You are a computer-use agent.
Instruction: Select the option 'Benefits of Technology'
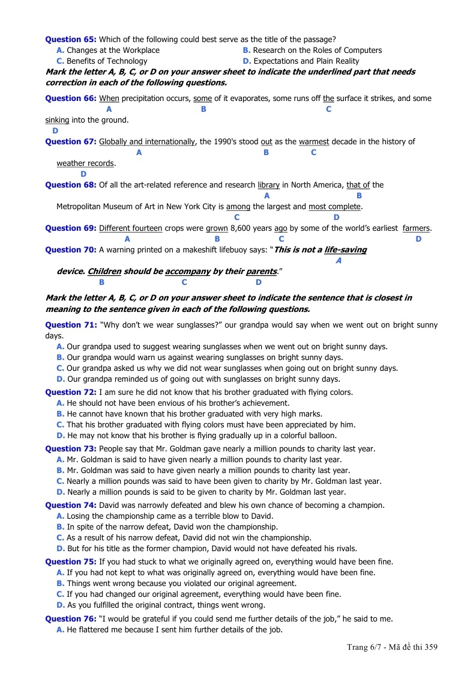[107, 61]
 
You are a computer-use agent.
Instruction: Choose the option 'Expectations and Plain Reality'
[306, 61]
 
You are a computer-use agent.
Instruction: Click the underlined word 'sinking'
[57, 120]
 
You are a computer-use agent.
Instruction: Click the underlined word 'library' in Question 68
[268, 185]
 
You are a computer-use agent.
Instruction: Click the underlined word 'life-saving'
[345, 249]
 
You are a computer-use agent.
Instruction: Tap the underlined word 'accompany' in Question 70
[187, 271]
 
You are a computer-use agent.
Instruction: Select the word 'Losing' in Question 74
[78, 516]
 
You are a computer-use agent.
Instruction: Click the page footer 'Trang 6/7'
[366, 647]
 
